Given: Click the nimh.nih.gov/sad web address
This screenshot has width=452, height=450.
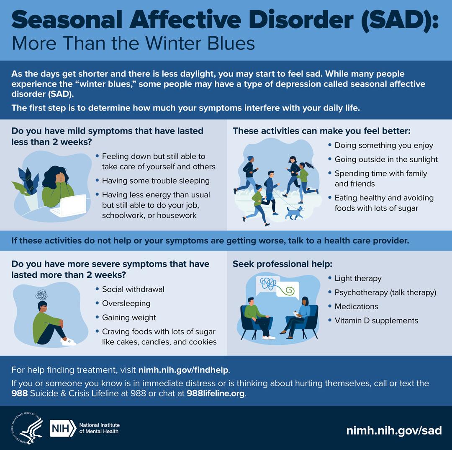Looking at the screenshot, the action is point(394,430).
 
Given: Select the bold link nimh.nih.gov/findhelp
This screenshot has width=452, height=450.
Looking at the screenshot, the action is point(183,370).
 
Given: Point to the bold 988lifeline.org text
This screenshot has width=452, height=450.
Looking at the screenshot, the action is point(216,393).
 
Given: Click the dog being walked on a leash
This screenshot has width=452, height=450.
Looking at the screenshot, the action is point(294,213).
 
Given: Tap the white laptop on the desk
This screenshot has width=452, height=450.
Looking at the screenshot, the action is point(69,205).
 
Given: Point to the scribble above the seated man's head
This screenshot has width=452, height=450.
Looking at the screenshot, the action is point(41,295).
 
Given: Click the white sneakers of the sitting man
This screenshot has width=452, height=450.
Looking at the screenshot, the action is point(68,342).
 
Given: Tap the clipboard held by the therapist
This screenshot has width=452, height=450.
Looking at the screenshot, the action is point(297,314).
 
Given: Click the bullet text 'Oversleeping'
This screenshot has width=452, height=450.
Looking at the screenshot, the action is point(126,303).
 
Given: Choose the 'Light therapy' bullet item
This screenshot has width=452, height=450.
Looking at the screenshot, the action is point(358,278).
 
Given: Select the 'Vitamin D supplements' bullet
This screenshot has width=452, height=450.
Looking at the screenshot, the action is point(376,321).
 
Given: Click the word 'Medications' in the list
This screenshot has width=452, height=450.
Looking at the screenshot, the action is point(356,306).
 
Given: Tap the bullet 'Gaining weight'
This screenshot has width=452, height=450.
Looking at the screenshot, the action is point(129,318).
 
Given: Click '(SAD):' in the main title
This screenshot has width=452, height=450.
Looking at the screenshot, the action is point(400,20).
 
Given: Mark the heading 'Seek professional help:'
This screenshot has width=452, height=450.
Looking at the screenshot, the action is point(282,264).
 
